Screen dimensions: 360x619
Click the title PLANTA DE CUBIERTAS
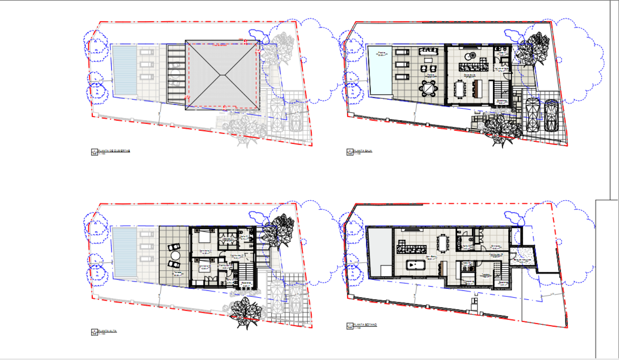point(114,150)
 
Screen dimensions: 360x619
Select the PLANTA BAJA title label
point(363,150)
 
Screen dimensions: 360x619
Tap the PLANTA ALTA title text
point(107,331)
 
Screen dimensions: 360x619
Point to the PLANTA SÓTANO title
point(365,325)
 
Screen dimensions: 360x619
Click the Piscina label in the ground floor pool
point(381,54)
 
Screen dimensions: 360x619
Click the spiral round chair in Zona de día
point(472,56)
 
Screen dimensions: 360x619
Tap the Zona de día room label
point(470,75)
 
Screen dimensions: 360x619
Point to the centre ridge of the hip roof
point(222,75)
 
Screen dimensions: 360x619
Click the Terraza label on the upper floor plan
point(177,273)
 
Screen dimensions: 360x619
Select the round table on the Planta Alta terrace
point(175,256)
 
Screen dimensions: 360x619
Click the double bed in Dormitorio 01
point(204,237)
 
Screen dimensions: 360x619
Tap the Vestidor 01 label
point(228,239)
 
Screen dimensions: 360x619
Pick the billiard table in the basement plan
point(416,265)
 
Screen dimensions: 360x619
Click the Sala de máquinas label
point(522,260)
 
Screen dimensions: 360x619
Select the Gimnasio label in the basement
point(495,246)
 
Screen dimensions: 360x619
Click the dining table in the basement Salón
point(442,242)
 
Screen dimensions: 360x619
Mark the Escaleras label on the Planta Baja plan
point(501,101)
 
